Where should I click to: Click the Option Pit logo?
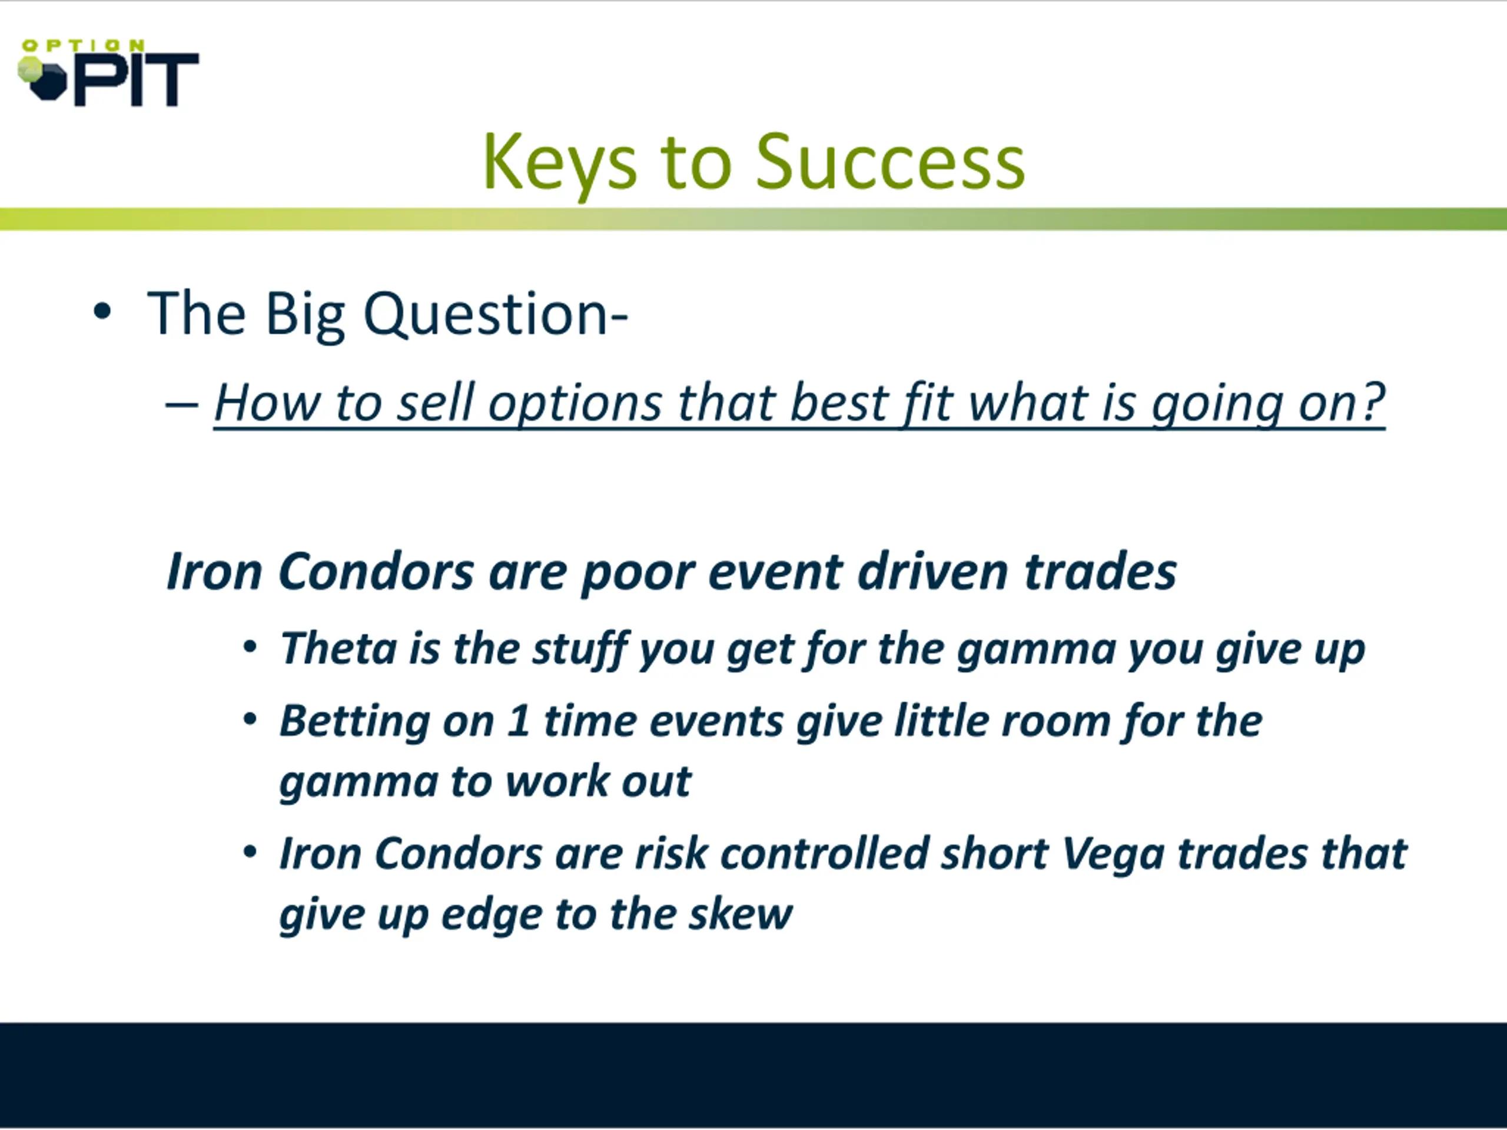coord(108,73)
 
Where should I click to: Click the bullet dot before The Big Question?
coord(102,312)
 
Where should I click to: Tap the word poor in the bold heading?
coord(638,573)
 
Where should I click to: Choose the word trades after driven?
coord(1100,571)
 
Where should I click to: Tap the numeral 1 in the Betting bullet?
coord(519,720)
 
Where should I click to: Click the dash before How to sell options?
coord(182,404)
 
